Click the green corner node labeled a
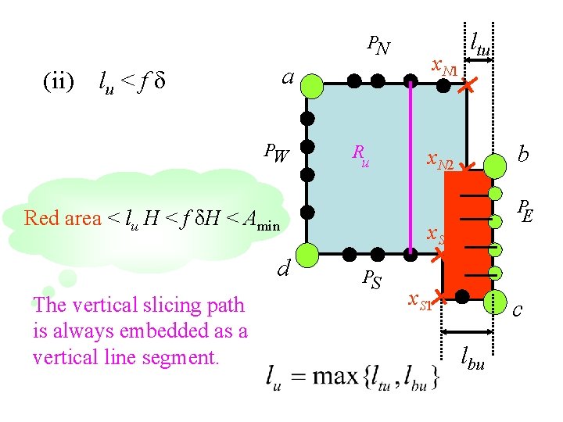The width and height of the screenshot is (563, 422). click(x=311, y=86)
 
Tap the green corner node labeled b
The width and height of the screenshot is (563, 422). click(x=494, y=166)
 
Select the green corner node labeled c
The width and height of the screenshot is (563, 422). click(x=494, y=302)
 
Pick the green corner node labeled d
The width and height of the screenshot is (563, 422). click(x=309, y=254)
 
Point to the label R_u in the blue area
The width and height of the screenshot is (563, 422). click(x=360, y=156)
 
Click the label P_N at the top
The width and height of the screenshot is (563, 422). click(x=378, y=47)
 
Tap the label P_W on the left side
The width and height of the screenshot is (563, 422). click(x=276, y=153)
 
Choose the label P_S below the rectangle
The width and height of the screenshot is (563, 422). click(x=371, y=278)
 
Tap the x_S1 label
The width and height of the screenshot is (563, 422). click(x=419, y=301)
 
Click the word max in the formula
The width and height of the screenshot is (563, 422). click(x=335, y=377)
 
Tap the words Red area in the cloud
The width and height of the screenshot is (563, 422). click(x=63, y=218)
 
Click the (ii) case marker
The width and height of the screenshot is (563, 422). click(x=58, y=80)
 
